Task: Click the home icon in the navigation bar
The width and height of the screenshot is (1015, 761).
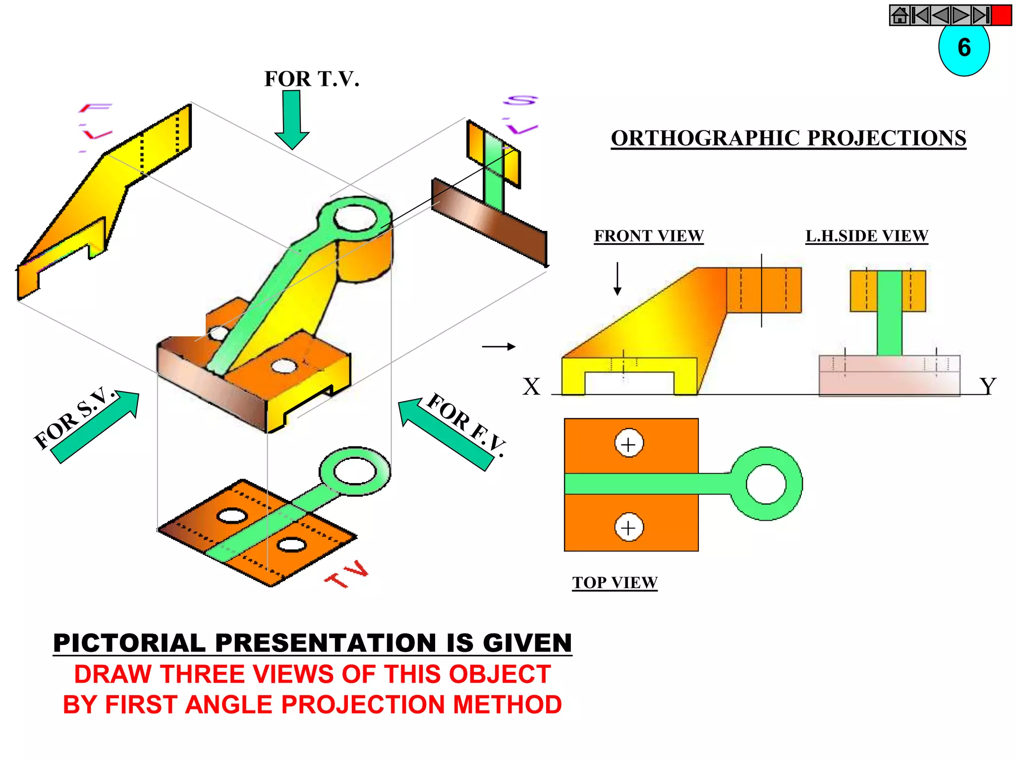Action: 900,15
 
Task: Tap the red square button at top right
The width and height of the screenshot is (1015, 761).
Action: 1001,15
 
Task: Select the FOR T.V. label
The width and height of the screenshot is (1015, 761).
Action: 312,79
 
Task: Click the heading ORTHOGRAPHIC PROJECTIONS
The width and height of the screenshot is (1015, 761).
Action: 788,138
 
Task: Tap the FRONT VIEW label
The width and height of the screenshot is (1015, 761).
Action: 649,236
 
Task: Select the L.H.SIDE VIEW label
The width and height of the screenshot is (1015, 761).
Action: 866,236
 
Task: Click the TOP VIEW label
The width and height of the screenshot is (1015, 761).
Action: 615,582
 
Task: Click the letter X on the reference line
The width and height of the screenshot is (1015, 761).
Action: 531,386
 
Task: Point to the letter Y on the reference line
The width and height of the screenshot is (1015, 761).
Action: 987,386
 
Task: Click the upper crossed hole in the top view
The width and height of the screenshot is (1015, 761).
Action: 628,443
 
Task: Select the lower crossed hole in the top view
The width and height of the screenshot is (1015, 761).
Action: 628,527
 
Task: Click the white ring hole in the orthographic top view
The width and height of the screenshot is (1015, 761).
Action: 766,484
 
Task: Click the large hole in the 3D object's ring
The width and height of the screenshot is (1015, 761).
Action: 355,217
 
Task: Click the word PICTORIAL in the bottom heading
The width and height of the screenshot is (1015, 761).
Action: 129,643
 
